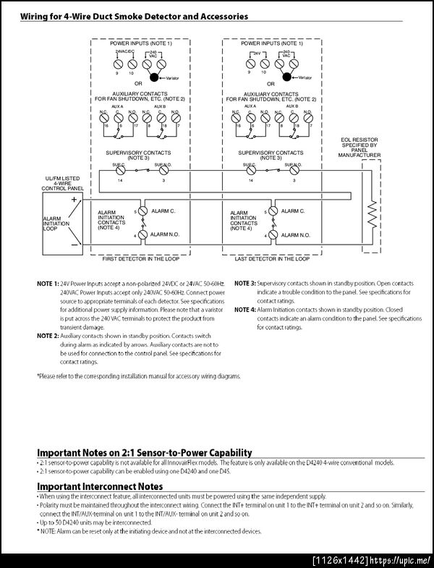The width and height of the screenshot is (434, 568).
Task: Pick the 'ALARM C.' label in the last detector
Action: (293, 211)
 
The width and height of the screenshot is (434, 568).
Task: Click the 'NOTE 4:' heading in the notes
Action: (244, 310)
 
